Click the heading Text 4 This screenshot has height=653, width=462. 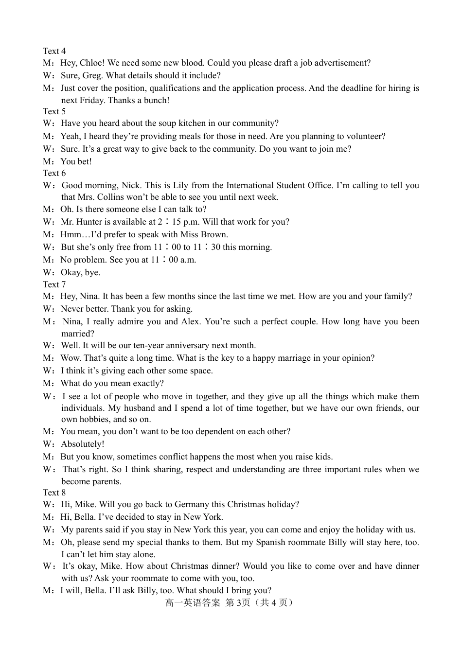[x=54, y=51]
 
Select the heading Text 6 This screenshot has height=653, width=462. [x=54, y=173]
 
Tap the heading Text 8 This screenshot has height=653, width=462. [x=54, y=493]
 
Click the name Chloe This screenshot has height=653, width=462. [x=91, y=63]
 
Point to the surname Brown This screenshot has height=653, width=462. [x=216, y=234]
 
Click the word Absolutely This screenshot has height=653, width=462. [x=82, y=444]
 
